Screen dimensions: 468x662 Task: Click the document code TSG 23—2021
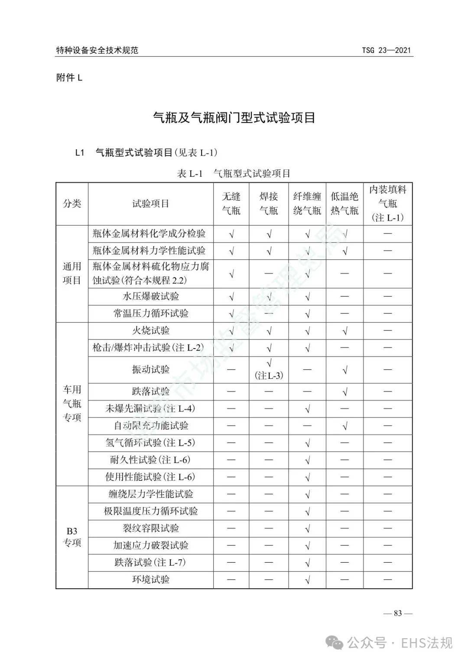[386, 50]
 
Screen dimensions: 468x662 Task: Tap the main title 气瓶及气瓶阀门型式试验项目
[234, 117]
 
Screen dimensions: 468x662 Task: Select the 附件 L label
[69, 78]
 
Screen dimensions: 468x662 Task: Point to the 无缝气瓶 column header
[231, 204]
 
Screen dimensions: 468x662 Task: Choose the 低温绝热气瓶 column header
[344, 204]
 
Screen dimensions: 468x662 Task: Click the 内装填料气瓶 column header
[387, 204]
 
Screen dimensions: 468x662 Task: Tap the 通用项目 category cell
[72, 274]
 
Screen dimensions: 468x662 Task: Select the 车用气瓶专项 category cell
[72, 404]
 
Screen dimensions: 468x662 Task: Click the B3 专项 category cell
[72, 537]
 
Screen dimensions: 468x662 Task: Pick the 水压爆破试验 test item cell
[150, 297]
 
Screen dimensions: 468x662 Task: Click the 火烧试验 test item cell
[150, 331]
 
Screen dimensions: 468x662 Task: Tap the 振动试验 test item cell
[150, 369]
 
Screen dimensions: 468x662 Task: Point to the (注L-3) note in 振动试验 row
[269, 375]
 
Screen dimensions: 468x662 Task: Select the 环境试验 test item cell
[150, 580]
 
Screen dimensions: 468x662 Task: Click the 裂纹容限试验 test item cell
[150, 528]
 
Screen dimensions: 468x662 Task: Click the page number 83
[398, 613]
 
